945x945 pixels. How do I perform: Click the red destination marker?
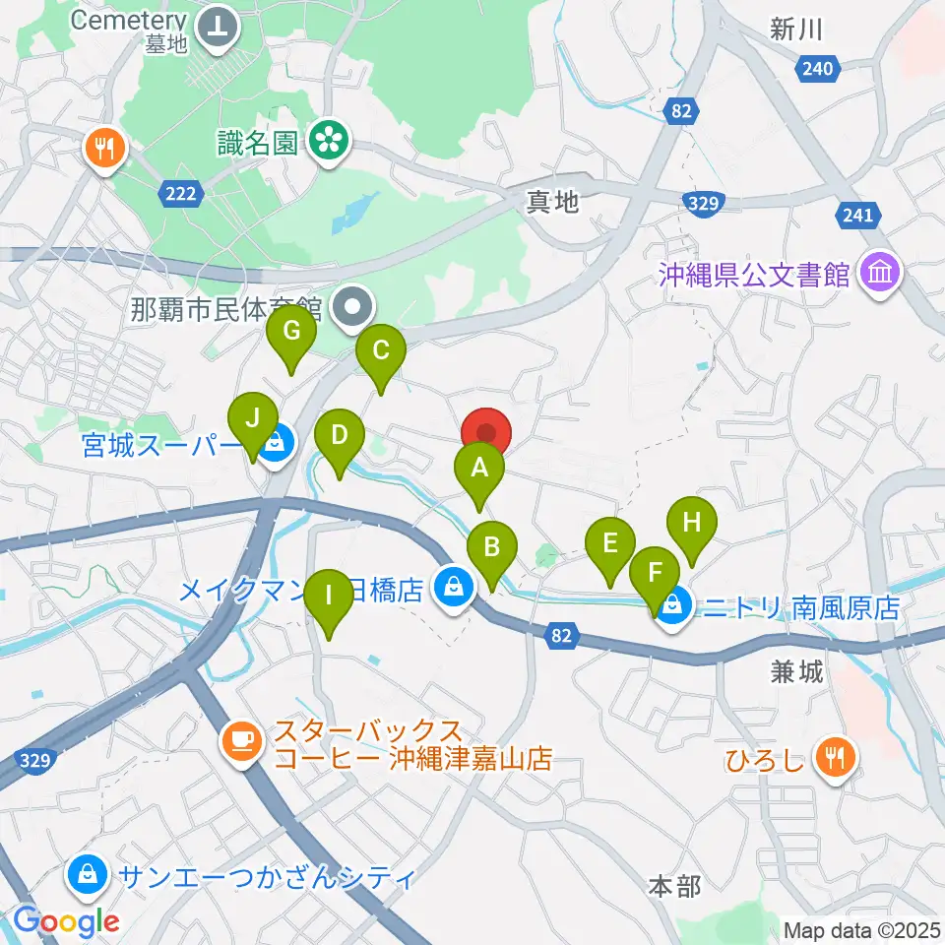[486, 434]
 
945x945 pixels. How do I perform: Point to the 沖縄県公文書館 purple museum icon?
[879, 274]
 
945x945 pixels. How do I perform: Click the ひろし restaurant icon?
[838, 758]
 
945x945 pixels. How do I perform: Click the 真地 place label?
[551, 203]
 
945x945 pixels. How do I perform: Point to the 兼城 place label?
[796, 673]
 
